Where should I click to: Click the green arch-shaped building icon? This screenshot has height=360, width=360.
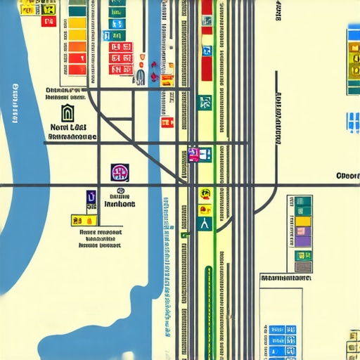pos(66,112)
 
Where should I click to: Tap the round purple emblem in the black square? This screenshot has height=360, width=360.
pos(120,172)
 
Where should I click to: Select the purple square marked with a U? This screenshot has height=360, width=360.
pos(91,198)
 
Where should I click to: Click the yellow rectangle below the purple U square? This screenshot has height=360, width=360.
pos(77,220)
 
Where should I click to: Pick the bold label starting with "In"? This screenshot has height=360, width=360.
pos(120,204)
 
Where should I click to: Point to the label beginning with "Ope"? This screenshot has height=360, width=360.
pos(347,176)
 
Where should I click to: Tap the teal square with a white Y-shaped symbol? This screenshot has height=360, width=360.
pos(205,224)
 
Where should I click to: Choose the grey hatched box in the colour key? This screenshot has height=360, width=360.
pos(302,266)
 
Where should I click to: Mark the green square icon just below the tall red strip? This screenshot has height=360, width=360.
pos(205,102)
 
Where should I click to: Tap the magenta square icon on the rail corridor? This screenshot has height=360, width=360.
pos(195,153)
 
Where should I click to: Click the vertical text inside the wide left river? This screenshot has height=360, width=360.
pos(15,105)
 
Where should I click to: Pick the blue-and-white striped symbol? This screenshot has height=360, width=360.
pos(352,122)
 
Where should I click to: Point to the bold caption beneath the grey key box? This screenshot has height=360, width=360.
pos(285,278)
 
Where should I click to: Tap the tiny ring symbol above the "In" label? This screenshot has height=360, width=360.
pos(120,191)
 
